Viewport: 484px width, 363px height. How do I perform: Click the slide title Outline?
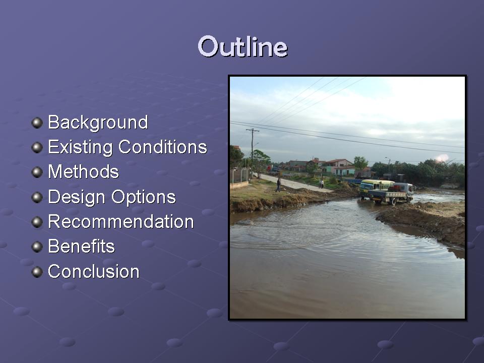[243, 46]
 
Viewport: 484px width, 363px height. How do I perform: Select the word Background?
[98, 123]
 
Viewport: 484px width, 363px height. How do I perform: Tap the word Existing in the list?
[80, 147]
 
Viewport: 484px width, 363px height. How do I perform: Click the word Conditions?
[163, 147]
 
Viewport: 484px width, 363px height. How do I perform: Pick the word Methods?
[83, 171]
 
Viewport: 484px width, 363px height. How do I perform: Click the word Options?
[144, 197]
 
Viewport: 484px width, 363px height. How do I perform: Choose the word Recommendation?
[120, 222]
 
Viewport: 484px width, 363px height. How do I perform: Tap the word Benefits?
[81, 247]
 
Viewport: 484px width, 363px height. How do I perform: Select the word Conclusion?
[94, 272]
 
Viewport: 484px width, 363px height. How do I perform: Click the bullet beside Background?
[37, 123]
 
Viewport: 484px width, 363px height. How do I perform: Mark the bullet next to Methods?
[37, 172]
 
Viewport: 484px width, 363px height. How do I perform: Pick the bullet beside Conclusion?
[37, 272]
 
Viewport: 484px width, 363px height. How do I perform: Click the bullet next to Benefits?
[37, 247]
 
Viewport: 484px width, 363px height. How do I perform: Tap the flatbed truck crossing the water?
[391, 194]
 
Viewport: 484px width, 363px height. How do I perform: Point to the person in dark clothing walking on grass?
[278, 185]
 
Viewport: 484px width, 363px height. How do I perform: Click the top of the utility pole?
[253, 130]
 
